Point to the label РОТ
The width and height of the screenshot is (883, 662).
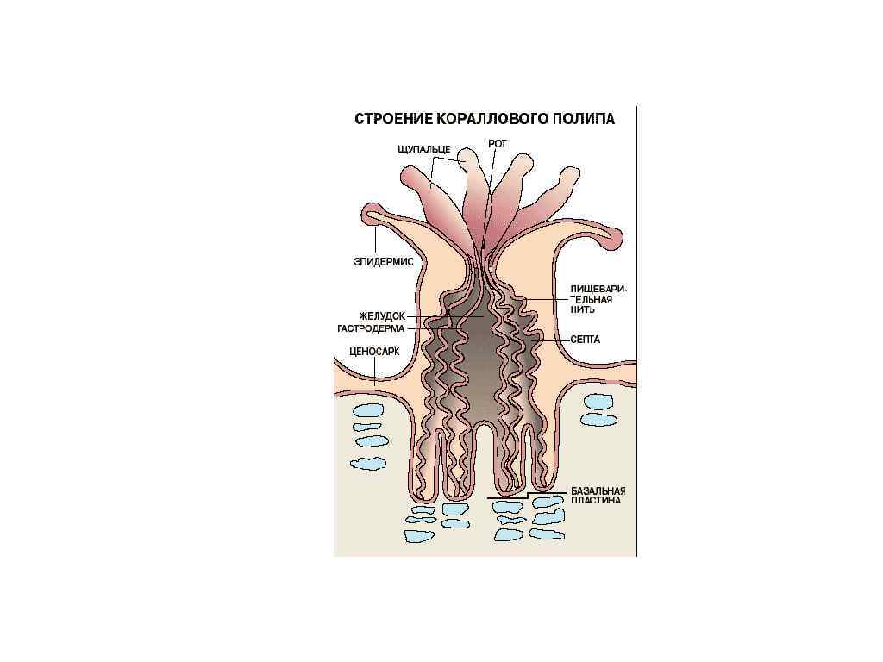pyautogui.click(x=498, y=144)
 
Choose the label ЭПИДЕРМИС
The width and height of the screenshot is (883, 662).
pyautogui.click(x=385, y=261)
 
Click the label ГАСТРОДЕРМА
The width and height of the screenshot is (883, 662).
pyautogui.click(x=371, y=328)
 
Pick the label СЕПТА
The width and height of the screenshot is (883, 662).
pyautogui.click(x=586, y=340)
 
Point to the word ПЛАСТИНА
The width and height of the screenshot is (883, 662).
pyautogui.click(x=596, y=500)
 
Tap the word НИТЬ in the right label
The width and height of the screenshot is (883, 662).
pyautogui.click(x=582, y=309)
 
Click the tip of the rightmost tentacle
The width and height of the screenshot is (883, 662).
pyautogui.click(x=570, y=177)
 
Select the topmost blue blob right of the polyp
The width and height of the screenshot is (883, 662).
pyautogui.click(x=597, y=401)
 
